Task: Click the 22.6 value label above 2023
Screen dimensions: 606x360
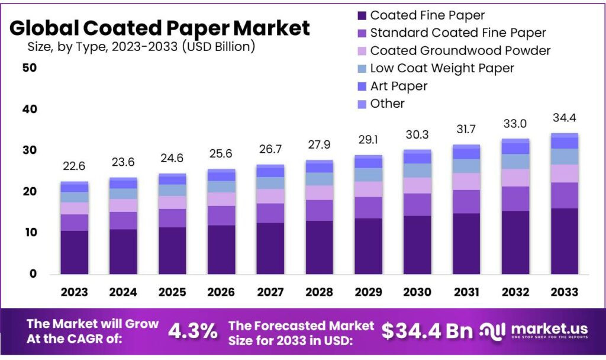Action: click(74, 166)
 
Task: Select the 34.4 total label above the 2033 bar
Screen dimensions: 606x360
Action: click(564, 118)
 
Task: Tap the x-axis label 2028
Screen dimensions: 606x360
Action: click(319, 291)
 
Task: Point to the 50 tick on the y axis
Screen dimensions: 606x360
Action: click(30, 67)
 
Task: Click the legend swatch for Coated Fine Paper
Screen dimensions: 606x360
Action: click(362, 15)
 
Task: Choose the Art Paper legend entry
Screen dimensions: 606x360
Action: click(393, 86)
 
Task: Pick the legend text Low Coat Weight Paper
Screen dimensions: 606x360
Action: click(442, 68)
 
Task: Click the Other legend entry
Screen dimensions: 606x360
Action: click(381, 104)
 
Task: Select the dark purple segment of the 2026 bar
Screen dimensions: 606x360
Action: click(221, 250)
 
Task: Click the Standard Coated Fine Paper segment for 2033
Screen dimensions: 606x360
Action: click(564, 195)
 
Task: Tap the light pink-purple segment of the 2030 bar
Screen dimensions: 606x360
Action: click(417, 185)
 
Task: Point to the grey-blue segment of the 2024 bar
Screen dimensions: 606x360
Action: click(123, 194)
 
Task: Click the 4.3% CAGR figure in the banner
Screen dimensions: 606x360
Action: click(192, 331)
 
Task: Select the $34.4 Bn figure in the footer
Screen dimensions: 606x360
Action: click(427, 331)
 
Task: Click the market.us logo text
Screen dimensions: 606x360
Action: click(549, 329)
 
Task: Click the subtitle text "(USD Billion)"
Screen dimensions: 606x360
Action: click(218, 46)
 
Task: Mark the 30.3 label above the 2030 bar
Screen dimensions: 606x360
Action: click(417, 134)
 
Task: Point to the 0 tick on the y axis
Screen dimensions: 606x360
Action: click(33, 274)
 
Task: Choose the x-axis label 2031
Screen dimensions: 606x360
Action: click(466, 291)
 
